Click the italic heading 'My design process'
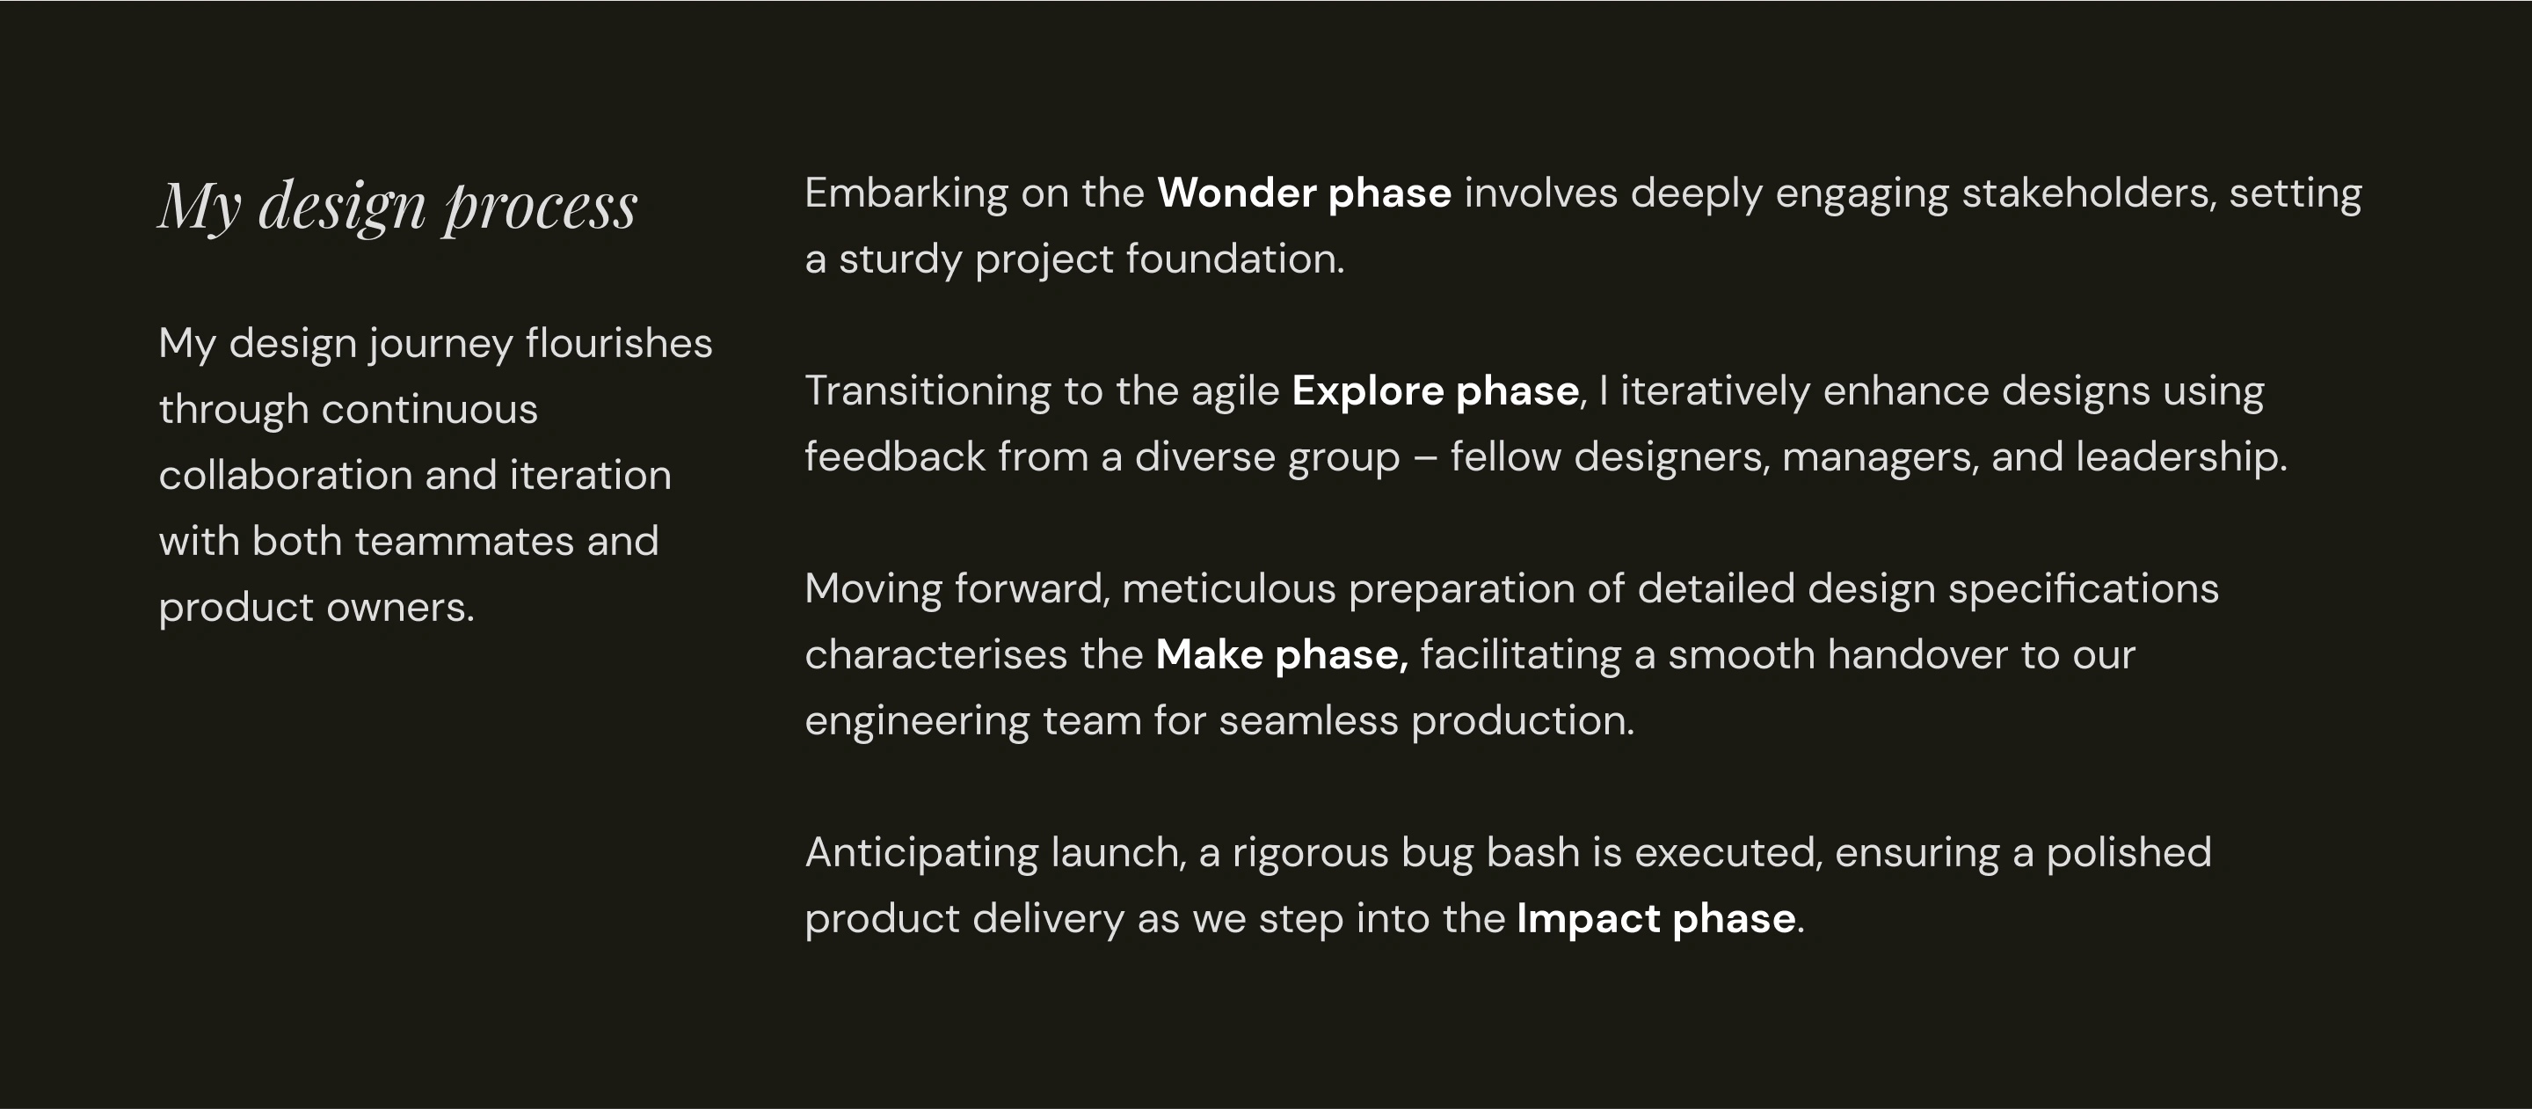398,207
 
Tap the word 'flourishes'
618,343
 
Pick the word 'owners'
399,608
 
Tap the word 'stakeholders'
2090,193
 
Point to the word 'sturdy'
899,260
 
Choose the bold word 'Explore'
1367,392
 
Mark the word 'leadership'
2181,458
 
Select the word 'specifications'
2084,590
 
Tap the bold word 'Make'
1209,655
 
